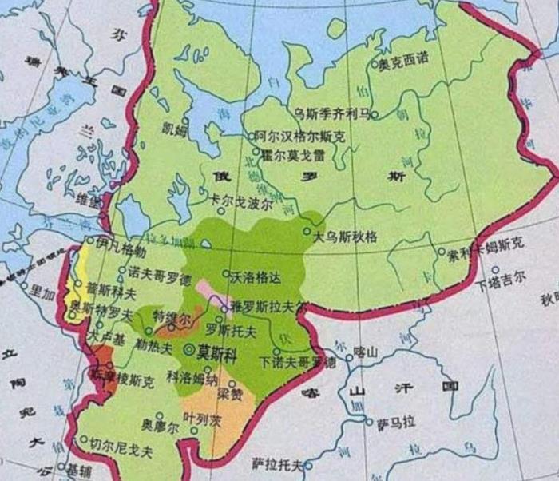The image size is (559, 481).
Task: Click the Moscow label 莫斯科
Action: pos(216,350)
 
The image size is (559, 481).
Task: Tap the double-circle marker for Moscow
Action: pos(189,350)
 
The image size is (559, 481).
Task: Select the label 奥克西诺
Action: pos(403,62)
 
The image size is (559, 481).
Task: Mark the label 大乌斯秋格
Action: pos(345,236)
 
